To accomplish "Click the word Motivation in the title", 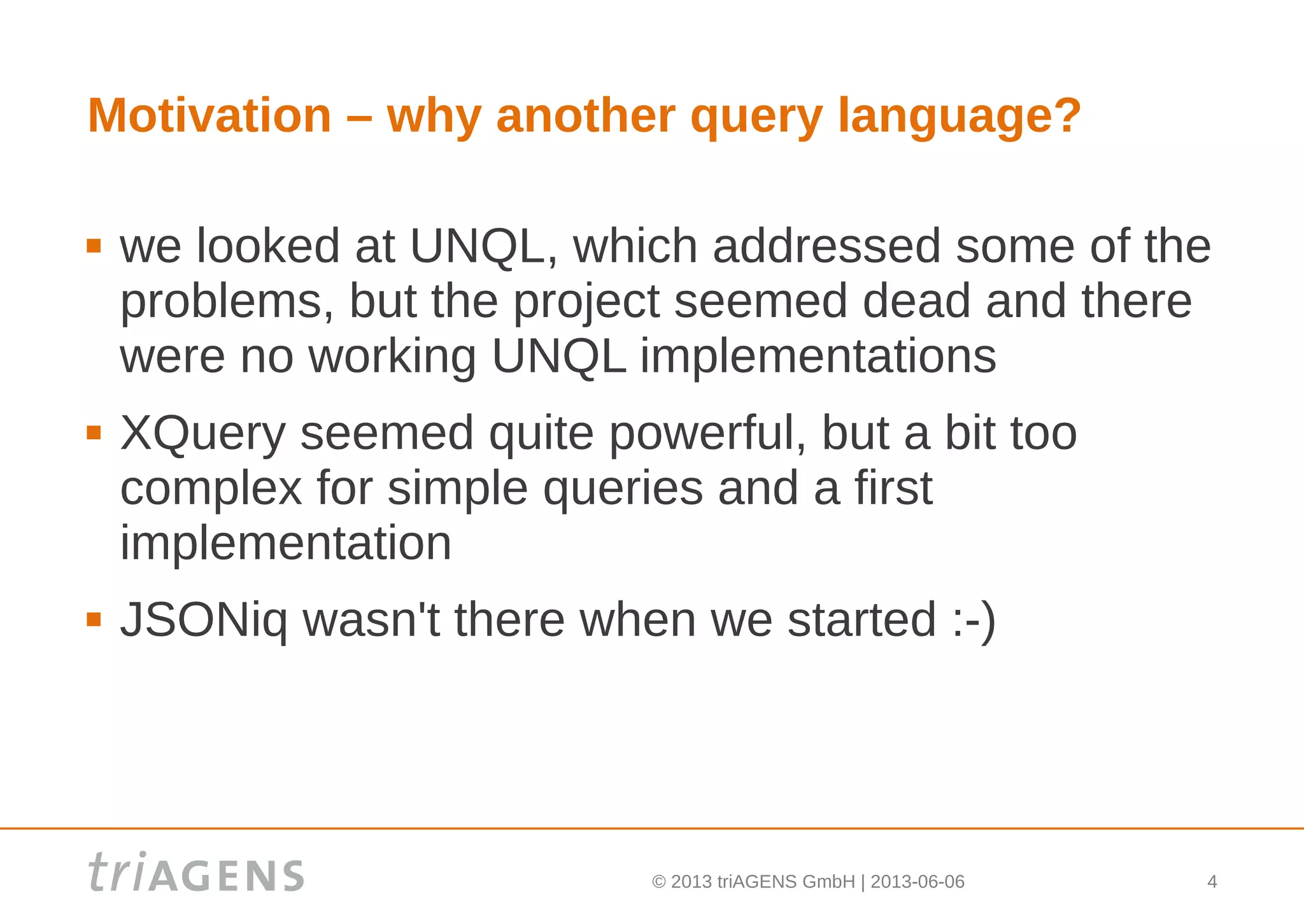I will click(209, 116).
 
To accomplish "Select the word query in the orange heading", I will click(756, 119).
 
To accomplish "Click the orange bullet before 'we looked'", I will click(94, 246).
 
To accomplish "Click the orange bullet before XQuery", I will click(94, 433).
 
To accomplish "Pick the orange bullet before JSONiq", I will click(94, 619).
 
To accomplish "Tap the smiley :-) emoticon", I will click(974, 620).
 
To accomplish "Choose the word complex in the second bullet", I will click(211, 489).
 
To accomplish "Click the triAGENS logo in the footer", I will click(196, 872).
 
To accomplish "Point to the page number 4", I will click(1212, 882).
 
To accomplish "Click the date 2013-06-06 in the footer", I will click(917, 882).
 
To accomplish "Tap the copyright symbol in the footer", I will click(659, 882).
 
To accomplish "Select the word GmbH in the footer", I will click(828, 882).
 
